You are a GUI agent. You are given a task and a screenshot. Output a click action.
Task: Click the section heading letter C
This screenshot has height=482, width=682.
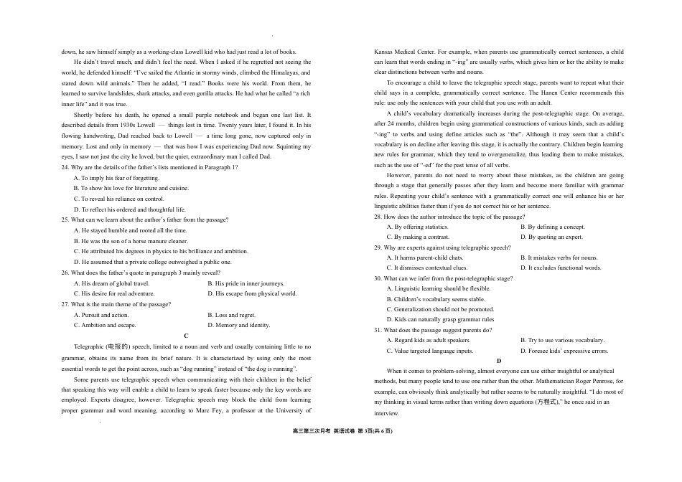[x=186, y=336]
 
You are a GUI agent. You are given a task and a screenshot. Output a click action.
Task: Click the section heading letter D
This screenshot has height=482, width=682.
[x=499, y=361]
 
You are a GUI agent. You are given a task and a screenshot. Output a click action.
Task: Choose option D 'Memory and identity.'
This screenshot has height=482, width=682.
[x=238, y=325]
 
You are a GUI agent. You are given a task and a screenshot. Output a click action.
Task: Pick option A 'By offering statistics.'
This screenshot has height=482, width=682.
[x=416, y=227]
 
